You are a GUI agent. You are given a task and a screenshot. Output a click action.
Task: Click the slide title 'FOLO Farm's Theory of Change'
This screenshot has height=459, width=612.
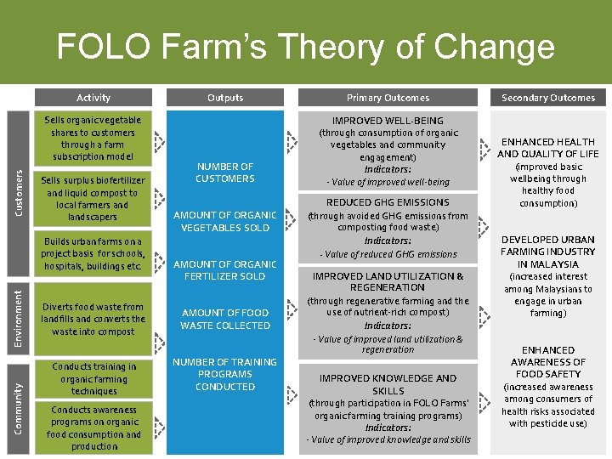pyautogui.click(x=305, y=46)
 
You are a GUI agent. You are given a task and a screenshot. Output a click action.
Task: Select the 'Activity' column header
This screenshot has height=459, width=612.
pyautogui.click(x=93, y=98)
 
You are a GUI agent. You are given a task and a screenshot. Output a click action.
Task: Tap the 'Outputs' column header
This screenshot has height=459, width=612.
pyautogui.click(x=225, y=98)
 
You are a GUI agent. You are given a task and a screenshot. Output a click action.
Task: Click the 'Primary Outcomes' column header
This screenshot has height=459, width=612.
pyautogui.click(x=388, y=98)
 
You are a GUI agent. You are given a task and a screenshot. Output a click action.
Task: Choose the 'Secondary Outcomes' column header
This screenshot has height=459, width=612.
pyautogui.click(x=548, y=98)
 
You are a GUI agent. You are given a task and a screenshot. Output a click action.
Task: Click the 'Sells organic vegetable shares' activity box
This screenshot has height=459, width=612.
pyautogui.click(x=93, y=139)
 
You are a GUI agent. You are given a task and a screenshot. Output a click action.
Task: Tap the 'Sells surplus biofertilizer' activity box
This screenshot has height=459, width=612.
pyautogui.click(x=93, y=199)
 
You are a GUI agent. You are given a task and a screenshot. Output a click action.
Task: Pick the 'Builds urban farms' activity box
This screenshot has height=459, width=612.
pyautogui.click(x=93, y=254)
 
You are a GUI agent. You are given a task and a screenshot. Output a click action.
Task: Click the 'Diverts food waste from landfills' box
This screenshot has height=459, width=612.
pyautogui.click(x=93, y=319)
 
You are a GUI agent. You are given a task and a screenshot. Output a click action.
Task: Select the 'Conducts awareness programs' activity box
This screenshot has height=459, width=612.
pyautogui.click(x=93, y=428)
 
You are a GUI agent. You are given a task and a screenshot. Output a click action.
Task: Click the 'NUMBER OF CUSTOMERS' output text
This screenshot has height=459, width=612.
pyautogui.click(x=225, y=173)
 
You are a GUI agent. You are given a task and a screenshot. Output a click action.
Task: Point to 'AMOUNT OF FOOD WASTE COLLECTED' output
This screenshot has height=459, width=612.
pyautogui.click(x=225, y=319)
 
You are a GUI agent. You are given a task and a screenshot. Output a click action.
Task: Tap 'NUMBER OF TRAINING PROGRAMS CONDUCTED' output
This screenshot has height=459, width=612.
pyautogui.click(x=225, y=374)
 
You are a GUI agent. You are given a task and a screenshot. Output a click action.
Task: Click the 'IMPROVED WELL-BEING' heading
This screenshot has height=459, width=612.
pyautogui.click(x=388, y=121)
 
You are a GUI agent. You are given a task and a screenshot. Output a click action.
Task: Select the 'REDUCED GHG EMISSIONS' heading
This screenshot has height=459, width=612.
pyautogui.click(x=388, y=202)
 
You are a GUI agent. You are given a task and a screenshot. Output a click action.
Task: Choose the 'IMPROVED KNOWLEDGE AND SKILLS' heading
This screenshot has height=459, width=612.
pyautogui.click(x=388, y=384)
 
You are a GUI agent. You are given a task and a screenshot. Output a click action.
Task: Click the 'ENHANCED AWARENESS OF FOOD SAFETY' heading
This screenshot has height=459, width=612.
pyautogui.click(x=548, y=362)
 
